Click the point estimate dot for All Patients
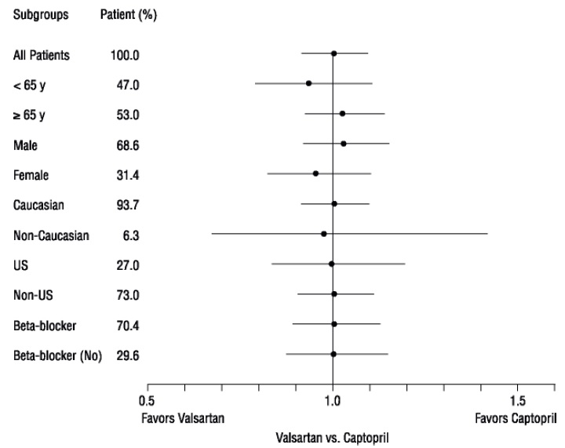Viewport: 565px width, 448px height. [x=334, y=54]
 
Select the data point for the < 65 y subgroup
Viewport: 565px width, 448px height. [x=308, y=83]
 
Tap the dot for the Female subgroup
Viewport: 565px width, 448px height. [x=315, y=173]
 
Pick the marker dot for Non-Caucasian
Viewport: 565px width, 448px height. [x=323, y=234]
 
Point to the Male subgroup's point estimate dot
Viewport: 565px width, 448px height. [x=344, y=144]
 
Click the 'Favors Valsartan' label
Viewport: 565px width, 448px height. [x=182, y=419]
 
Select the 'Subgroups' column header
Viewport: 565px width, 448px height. [x=39, y=16]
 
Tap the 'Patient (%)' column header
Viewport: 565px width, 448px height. [x=129, y=16]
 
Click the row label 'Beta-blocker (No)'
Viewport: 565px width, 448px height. [x=57, y=355]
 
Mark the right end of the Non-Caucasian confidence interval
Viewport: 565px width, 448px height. [x=487, y=234]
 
